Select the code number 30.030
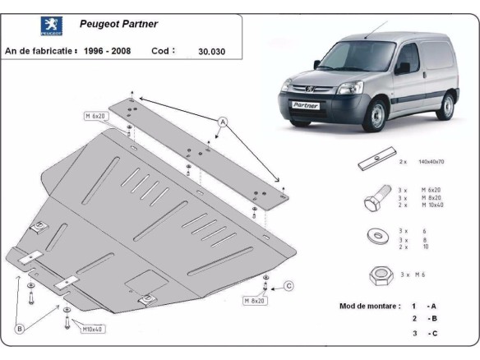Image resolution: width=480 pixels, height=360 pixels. click(x=211, y=52)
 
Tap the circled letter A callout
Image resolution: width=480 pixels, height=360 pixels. click(x=222, y=122)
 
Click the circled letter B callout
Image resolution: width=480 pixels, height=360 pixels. click(x=19, y=330)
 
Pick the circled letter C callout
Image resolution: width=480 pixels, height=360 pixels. click(x=288, y=286)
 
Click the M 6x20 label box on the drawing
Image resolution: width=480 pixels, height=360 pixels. click(x=95, y=117)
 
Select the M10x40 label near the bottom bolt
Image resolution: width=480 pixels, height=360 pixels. click(x=92, y=330)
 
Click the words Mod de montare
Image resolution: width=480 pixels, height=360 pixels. click(x=370, y=306)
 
